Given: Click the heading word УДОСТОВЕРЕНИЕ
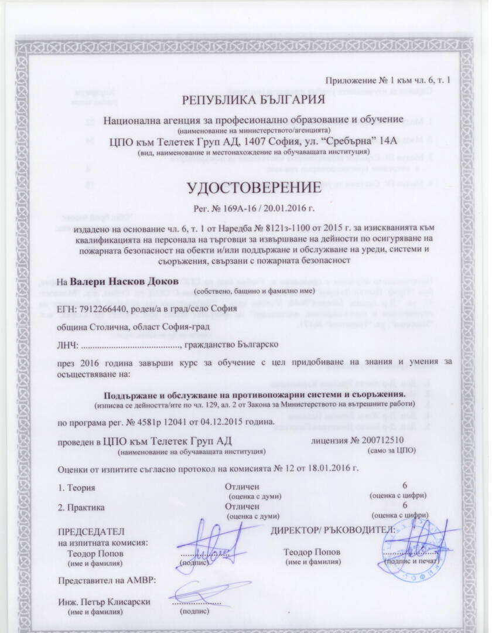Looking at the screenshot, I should coord(254,188).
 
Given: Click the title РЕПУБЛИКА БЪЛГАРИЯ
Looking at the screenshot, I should coord(253,100).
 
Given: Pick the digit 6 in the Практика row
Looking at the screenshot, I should coord(405,506).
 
